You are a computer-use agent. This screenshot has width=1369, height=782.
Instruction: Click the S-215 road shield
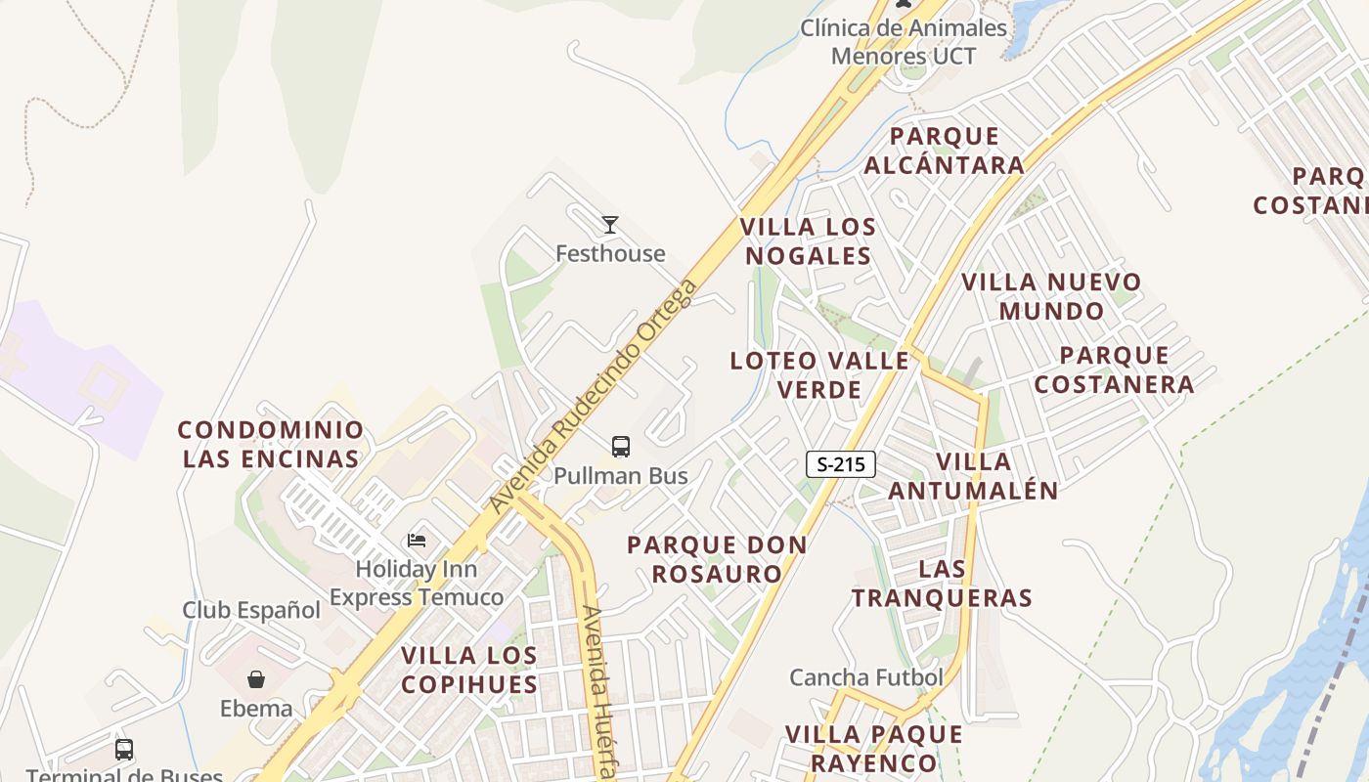pos(840,464)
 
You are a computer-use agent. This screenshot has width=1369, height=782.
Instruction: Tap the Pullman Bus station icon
pos(621,447)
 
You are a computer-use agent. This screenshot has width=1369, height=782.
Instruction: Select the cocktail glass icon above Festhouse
pos(610,225)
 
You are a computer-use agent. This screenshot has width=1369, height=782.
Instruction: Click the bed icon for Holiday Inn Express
pos(417,541)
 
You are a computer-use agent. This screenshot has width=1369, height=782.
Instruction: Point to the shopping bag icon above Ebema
pos(256,678)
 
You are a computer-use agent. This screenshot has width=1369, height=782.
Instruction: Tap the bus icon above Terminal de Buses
pos(124,750)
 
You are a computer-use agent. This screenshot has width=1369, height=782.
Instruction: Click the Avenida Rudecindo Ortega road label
pos(596,396)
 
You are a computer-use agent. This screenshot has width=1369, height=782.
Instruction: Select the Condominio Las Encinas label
pos(271,444)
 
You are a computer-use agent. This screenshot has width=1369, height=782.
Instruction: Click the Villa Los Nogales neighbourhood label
pos(808,241)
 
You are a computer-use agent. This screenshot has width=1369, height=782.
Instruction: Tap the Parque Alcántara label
pos(945,151)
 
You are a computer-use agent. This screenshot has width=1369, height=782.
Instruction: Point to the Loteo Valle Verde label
pos(819,374)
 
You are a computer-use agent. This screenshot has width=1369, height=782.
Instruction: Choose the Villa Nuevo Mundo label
pos(1051,296)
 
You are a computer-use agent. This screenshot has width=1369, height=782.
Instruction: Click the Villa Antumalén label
pos(974,476)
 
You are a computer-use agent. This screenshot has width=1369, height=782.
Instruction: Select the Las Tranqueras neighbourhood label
pos(943,583)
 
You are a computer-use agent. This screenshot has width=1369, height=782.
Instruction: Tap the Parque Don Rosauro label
pos(718,559)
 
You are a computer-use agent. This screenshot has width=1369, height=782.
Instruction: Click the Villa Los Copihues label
pos(469,670)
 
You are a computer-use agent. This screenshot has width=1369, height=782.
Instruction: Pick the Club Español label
pos(251,610)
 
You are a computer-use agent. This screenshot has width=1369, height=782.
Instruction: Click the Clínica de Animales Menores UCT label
pos(904,42)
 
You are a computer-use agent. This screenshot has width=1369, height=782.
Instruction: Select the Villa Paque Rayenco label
pos(874,748)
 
